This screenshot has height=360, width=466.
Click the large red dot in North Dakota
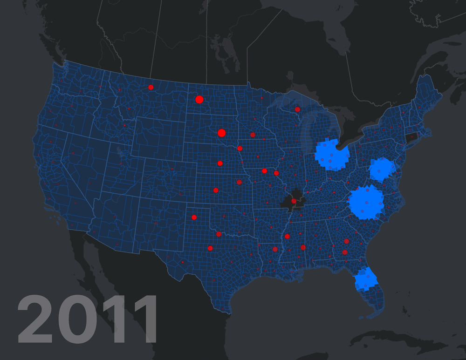(x=199, y=99)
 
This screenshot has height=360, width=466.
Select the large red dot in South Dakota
(x=221, y=133)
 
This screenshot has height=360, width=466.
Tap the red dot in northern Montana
(x=151, y=87)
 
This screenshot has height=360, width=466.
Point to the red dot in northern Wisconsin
(x=297, y=109)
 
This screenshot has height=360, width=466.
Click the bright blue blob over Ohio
(x=332, y=154)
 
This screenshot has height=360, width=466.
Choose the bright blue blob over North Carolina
(x=366, y=202)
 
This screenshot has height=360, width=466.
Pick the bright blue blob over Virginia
(x=381, y=170)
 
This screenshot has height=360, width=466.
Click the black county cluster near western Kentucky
(x=293, y=201)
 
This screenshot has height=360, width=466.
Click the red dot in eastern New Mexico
(x=194, y=217)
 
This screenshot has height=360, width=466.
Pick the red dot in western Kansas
(x=216, y=190)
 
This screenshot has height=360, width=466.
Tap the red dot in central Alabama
(x=303, y=247)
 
